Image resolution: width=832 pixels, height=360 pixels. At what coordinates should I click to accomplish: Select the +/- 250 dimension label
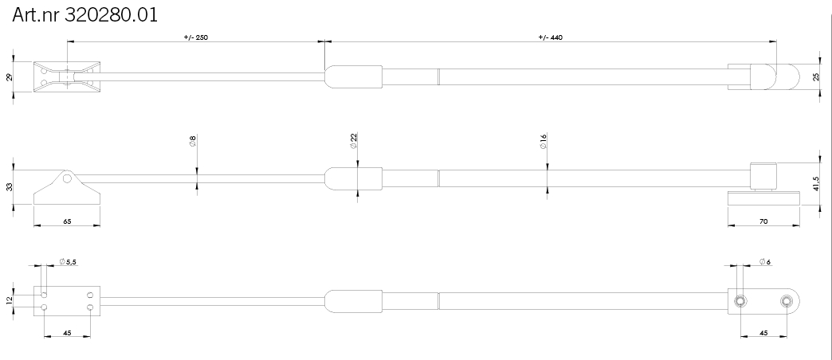pyautogui.click(x=196, y=37)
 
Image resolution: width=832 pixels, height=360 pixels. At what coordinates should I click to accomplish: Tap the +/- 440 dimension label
pyautogui.click(x=550, y=37)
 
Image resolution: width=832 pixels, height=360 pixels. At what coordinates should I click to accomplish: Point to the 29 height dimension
pyautogui.click(x=9, y=77)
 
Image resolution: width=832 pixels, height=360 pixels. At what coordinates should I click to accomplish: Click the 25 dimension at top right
pyautogui.click(x=816, y=77)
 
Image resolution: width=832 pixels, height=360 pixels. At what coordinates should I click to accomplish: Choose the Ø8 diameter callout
pyautogui.click(x=193, y=141)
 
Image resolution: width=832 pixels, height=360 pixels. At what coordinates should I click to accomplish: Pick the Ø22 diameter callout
pyautogui.click(x=353, y=140)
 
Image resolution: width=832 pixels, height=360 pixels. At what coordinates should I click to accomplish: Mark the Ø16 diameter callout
pyautogui.click(x=544, y=142)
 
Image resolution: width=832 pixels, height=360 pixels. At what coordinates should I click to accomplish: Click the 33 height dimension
pyautogui.click(x=9, y=187)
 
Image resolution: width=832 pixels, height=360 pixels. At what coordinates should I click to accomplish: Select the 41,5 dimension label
pyautogui.click(x=816, y=183)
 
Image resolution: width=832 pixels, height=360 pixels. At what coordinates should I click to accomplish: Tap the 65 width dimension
pyautogui.click(x=67, y=221)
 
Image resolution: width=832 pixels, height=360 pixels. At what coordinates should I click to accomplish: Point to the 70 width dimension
pyautogui.click(x=763, y=221)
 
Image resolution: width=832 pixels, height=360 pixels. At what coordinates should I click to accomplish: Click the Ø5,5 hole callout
pyautogui.click(x=69, y=262)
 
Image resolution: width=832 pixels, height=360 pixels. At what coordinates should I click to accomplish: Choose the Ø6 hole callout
pyautogui.click(x=765, y=262)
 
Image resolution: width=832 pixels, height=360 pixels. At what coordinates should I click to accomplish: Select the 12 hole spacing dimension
pyautogui.click(x=9, y=300)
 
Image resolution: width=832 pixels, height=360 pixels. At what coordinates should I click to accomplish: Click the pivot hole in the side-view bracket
pyautogui.click(x=67, y=178)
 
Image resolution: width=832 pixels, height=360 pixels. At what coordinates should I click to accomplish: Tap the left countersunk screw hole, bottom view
pyautogui.click(x=740, y=301)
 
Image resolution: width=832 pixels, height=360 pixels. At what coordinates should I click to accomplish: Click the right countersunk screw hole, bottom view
pyautogui.click(x=787, y=301)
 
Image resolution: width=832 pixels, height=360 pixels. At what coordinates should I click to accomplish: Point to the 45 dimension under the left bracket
pyautogui.click(x=67, y=333)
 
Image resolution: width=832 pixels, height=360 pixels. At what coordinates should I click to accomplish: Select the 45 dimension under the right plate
pyautogui.click(x=763, y=333)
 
